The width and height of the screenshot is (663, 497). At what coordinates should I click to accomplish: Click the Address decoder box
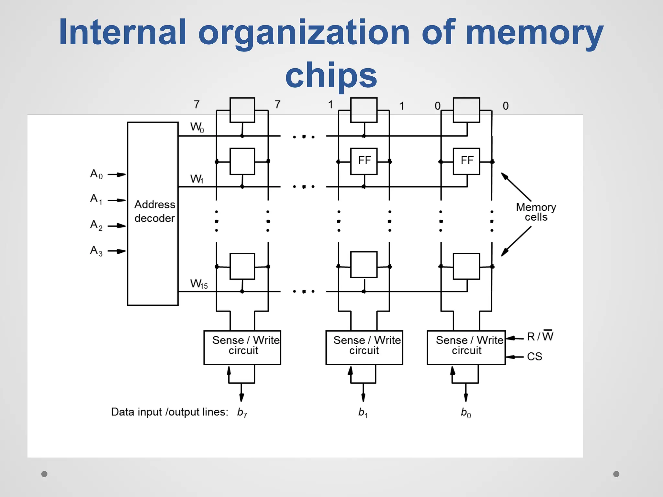[x=153, y=214]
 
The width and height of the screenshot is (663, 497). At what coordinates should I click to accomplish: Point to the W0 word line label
[x=197, y=127]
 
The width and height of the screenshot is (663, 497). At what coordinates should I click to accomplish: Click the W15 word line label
[x=199, y=284]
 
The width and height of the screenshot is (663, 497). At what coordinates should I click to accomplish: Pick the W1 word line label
[x=197, y=179]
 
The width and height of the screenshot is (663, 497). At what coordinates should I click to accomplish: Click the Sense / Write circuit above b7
[x=242, y=348]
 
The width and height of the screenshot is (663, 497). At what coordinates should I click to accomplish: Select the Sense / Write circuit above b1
[x=364, y=348]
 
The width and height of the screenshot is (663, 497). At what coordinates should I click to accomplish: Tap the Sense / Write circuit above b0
[x=466, y=348]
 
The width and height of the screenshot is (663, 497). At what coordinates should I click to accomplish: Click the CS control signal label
[x=534, y=357]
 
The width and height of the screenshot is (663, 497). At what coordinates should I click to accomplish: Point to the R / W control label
[x=540, y=337]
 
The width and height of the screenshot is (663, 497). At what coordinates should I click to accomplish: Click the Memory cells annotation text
[x=536, y=212]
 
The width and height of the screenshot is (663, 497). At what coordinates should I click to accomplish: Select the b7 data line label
[x=242, y=413]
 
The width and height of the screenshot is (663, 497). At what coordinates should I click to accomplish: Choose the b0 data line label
[x=466, y=413]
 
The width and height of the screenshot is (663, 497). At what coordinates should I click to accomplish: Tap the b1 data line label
[x=363, y=413]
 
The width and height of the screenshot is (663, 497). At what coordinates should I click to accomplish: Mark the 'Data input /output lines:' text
[x=170, y=412]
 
